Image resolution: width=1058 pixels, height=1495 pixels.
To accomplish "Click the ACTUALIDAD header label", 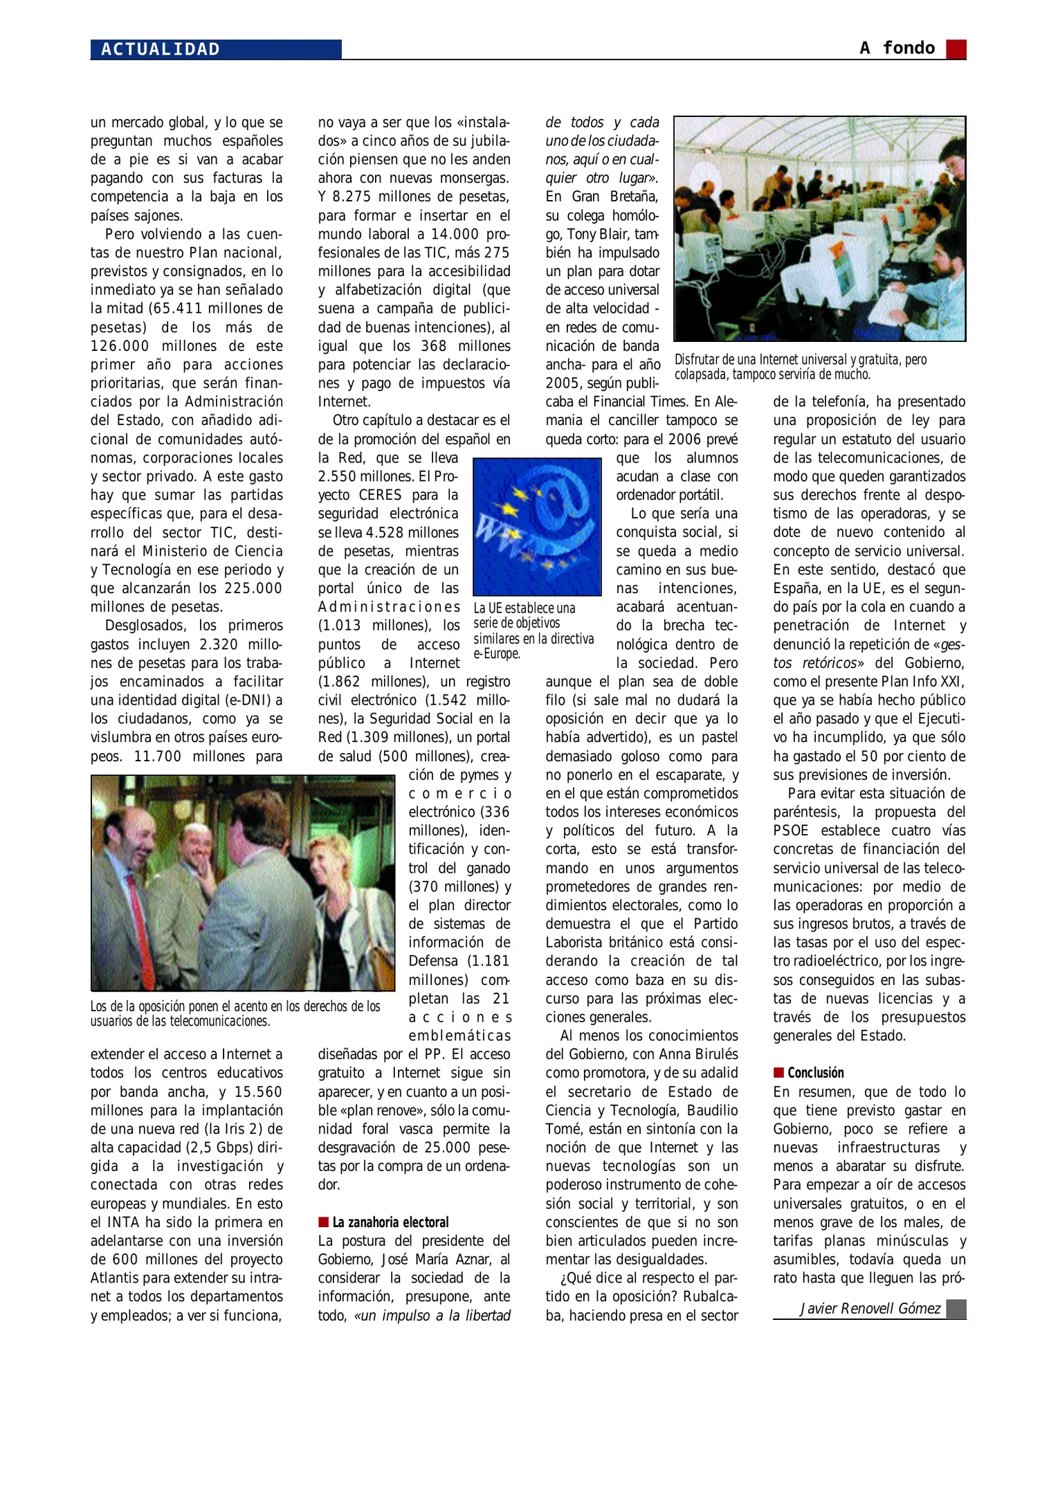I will [161, 49].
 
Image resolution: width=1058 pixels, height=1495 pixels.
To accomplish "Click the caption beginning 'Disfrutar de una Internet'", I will [800, 367].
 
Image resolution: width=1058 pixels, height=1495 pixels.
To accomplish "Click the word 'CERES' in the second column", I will [380, 496].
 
